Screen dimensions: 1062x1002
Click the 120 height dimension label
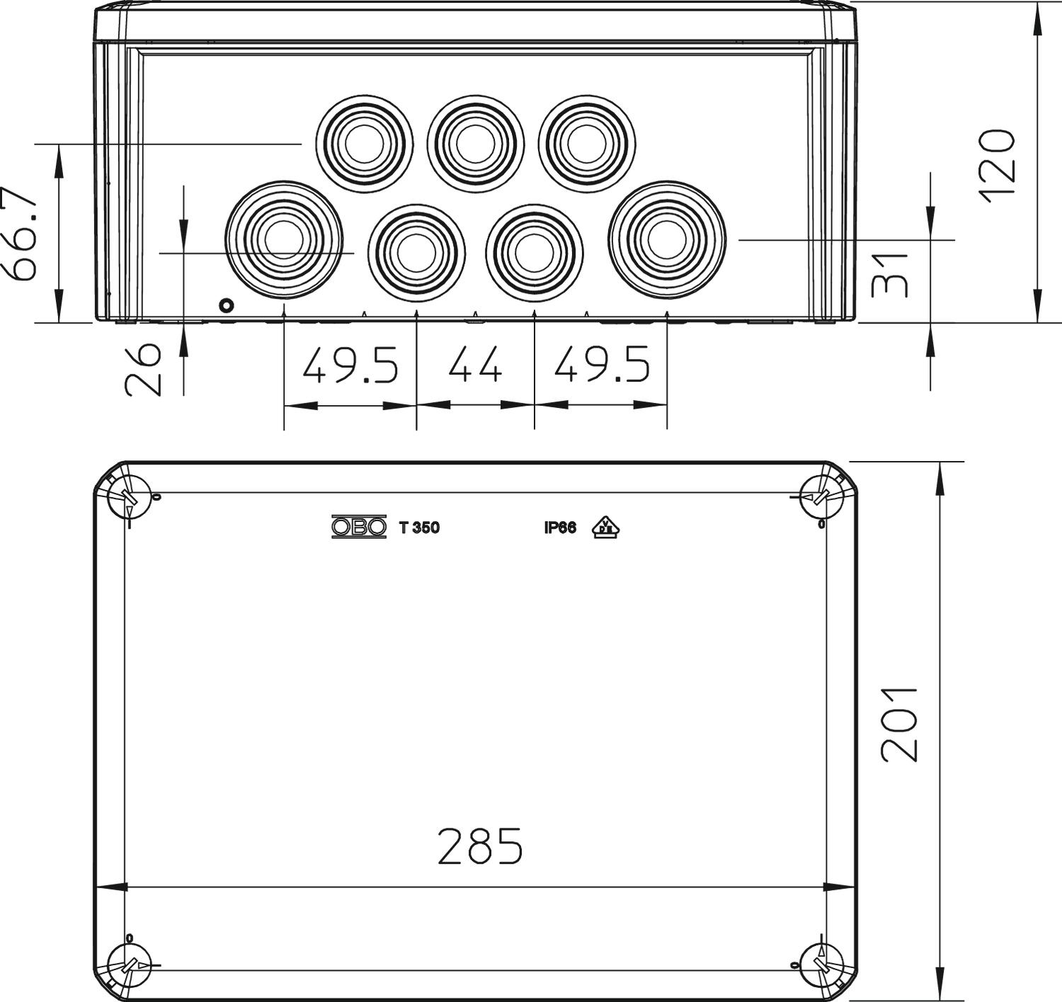tap(998, 166)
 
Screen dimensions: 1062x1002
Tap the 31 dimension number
tap(890, 275)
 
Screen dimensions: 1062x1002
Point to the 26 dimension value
tap(143, 369)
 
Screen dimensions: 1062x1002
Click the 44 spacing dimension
tap(475, 364)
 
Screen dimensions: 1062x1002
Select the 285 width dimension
tap(479, 846)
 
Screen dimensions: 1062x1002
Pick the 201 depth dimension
tap(899, 724)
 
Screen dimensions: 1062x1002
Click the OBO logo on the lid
tap(359, 527)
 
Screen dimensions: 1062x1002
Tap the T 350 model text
tap(419, 528)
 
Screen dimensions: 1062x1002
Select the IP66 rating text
tap(560, 528)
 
